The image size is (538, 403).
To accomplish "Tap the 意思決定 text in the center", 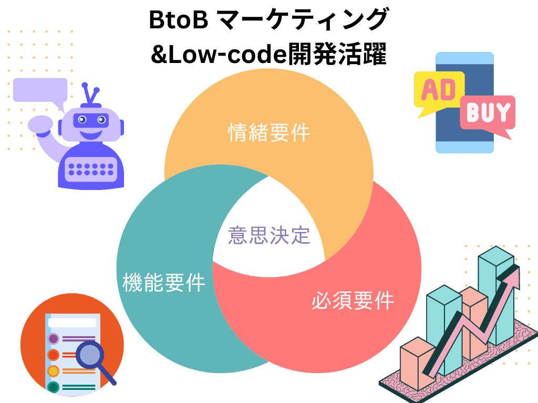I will (x=269, y=235).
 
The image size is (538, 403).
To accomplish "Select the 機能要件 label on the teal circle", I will (x=163, y=283).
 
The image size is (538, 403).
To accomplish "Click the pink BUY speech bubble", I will (x=488, y=113).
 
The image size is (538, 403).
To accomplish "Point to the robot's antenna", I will (x=92, y=94).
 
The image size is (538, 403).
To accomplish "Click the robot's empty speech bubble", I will (x=40, y=90).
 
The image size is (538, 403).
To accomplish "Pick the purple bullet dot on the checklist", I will (x=53, y=338).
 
